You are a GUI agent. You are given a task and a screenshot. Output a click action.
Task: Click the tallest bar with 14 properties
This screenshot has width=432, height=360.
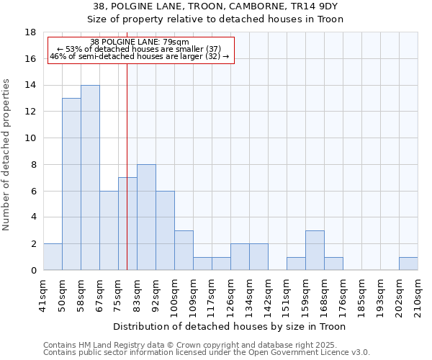click(90, 178)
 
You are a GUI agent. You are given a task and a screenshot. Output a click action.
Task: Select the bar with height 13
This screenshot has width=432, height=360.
click(71, 184)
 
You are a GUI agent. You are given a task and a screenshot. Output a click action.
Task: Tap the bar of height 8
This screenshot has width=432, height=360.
click(146, 217)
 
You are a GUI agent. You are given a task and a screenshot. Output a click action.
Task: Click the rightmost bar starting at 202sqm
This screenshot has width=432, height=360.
click(408, 264)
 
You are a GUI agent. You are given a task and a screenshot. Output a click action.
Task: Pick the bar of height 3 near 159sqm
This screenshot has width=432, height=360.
click(315, 251)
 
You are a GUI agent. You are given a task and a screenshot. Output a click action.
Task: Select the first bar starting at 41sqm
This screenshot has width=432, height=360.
click(53, 257)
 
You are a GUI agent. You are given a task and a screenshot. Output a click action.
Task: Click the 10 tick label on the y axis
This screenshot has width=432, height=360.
click(30, 138)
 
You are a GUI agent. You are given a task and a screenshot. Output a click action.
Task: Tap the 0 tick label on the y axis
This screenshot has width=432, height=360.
click(33, 271)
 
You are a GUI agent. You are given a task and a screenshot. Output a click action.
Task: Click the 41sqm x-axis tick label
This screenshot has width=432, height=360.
click(43, 293)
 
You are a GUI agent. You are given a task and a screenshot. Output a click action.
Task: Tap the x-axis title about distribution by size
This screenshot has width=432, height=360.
click(230, 327)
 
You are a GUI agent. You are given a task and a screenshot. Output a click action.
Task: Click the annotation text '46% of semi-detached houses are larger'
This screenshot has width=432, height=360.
click(139, 56)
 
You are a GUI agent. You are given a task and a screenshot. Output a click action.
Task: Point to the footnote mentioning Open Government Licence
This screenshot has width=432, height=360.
click(206, 353)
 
